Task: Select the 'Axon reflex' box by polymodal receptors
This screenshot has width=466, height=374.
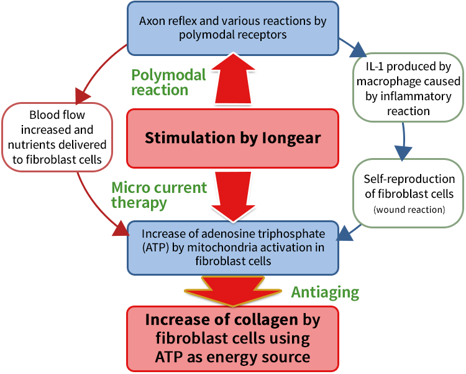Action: coord(232,28)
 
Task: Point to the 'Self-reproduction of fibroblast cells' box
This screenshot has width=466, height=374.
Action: coord(408,193)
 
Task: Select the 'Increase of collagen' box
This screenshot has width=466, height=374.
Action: coord(232,338)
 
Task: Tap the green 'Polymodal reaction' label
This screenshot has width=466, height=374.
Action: coord(168,82)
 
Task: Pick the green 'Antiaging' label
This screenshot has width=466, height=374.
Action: coord(326,291)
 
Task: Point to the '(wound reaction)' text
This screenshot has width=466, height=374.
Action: coord(408,210)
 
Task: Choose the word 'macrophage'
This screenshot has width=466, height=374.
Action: coord(387,82)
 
